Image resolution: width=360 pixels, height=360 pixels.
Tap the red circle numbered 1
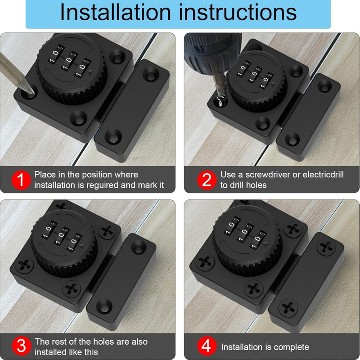(20, 180)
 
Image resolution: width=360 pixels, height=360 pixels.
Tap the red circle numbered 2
(207, 180)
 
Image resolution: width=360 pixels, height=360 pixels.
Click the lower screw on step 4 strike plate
(288, 308)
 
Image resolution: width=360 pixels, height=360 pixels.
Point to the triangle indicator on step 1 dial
(92, 71)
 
